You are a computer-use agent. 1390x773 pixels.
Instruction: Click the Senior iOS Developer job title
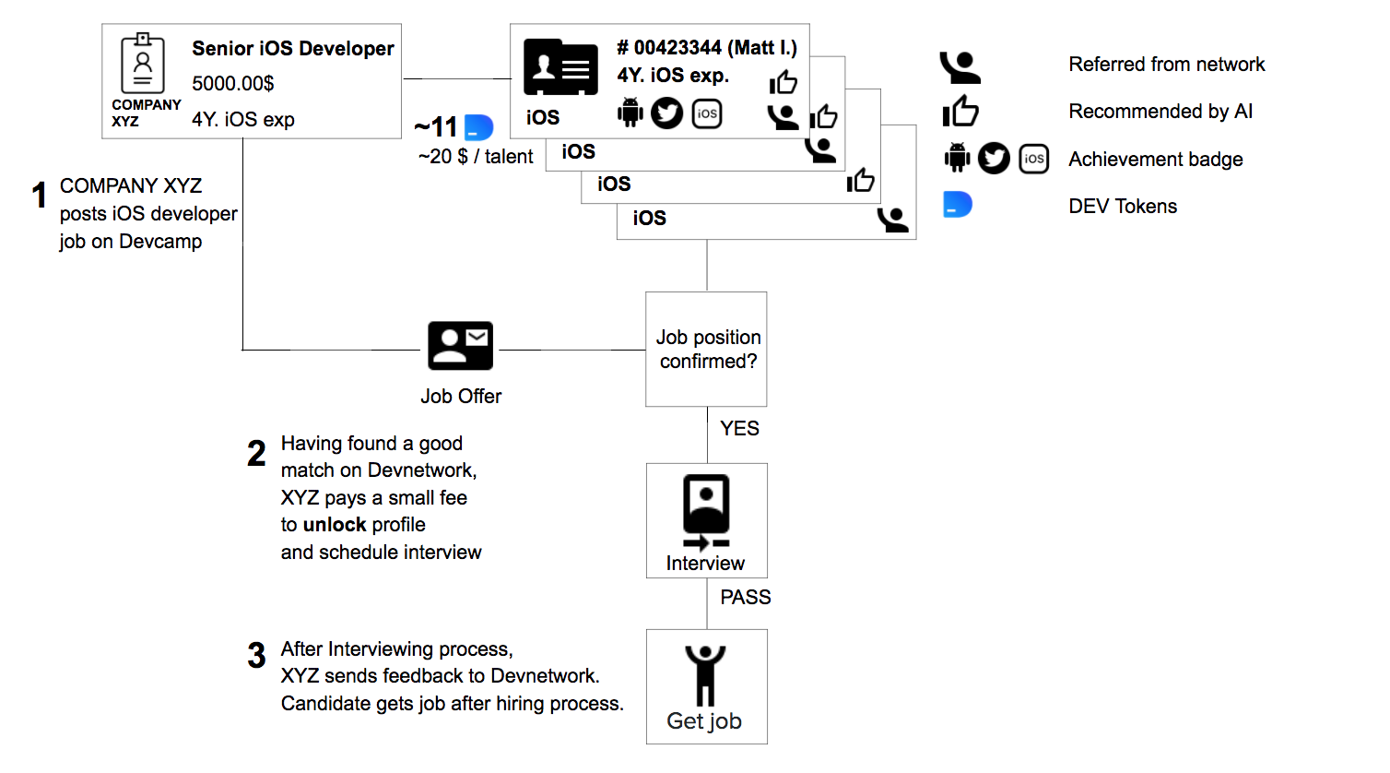(x=293, y=49)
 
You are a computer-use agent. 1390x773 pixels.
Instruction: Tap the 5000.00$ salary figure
(x=232, y=83)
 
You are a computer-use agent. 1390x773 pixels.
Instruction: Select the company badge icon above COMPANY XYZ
(x=143, y=64)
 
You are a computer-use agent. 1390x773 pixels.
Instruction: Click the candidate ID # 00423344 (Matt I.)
(x=707, y=48)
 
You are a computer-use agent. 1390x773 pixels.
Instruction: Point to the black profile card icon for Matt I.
(x=561, y=67)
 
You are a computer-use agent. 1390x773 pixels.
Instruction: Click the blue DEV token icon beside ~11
(x=478, y=127)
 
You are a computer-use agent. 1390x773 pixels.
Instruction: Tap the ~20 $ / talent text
(x=476, y=157)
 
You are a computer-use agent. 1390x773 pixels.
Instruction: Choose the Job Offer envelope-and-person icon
(x=461, y=346)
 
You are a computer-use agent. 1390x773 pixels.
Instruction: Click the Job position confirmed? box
(x=706, y=349)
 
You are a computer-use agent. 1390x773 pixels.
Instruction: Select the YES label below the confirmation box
(x=739, y=428)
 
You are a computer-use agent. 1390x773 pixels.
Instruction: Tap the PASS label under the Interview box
(x=746, y=598)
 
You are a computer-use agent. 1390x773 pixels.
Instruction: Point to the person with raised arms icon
(x=705, y=675)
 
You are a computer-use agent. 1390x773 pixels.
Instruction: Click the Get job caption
(x=704, y=721)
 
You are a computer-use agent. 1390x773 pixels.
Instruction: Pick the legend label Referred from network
(x=1167, y=64)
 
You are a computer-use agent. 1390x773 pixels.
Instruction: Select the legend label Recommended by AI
(x=1160, y=111)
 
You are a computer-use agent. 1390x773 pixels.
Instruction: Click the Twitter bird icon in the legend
(x=994, y=159)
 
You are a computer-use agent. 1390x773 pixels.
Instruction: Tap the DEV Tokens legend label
(x=1123, y=206)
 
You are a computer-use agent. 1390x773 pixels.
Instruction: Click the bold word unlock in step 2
(x=335, y=525)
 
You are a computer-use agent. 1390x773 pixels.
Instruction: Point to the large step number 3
(x=256, y=656)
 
